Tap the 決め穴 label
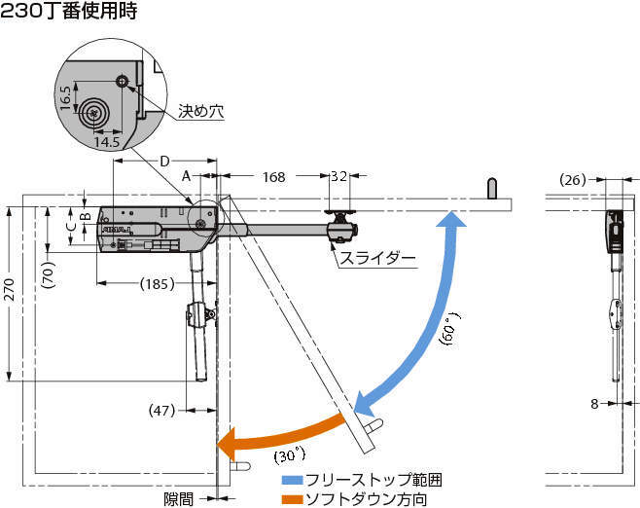click(201, 112)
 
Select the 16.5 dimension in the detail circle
click(65, 98)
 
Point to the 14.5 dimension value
click(107, 142)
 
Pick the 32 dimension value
click(338, 177)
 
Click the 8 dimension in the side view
click(594, 403)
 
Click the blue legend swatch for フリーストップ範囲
click(292, 481)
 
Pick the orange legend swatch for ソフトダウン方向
click(292, 499)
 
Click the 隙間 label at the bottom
click(178, 499)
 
